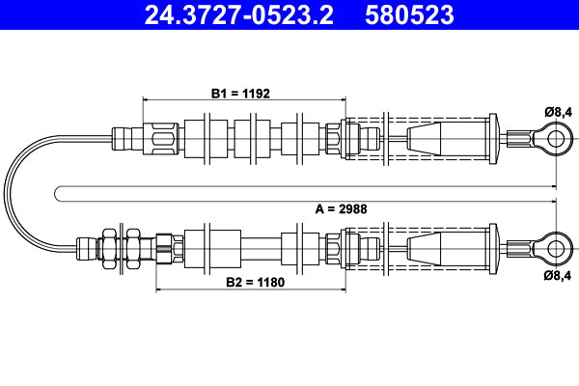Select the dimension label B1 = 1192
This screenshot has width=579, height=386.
click(x=240, y=94)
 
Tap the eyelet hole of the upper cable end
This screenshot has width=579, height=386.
click(x=555, y=138)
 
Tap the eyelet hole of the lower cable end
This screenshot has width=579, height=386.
click(x=555, y=245)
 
